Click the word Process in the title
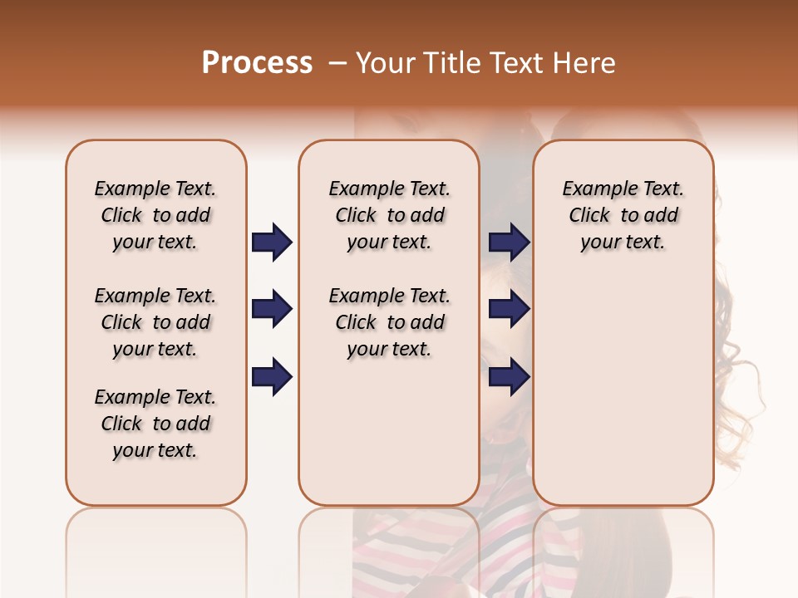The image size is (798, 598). coord(257,63)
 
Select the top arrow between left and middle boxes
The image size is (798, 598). coord(272,242)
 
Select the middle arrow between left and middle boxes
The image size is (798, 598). coord(272,310)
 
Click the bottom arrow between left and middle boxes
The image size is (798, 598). coord(272,377)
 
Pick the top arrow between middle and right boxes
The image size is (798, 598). coord(509,242)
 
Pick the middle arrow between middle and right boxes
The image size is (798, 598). coord(509,310)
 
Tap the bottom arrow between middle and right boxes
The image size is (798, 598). coord(509,377)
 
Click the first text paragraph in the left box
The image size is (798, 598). coord(155,215)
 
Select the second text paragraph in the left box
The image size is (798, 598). coord(155,322)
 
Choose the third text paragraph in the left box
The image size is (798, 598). coord(155,424)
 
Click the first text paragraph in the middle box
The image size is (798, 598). coord(389,215)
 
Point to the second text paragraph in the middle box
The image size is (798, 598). coord(389,322)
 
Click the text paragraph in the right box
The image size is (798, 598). coord(623,215)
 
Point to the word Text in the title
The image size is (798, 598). coord(515,63)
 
